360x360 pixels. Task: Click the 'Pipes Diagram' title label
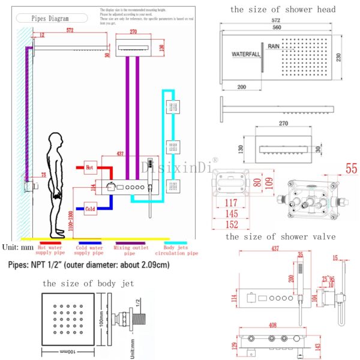(x=51, y=19)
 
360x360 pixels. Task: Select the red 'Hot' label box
(x=91, y=169)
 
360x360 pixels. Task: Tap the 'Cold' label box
(x=91, y=209)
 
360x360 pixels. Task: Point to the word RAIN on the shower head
(x=274, y=46)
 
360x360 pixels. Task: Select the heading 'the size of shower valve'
(x=280, y=237)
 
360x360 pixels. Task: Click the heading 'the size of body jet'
(x=88, y=283)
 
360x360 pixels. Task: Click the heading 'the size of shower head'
(x=282, y=9)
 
